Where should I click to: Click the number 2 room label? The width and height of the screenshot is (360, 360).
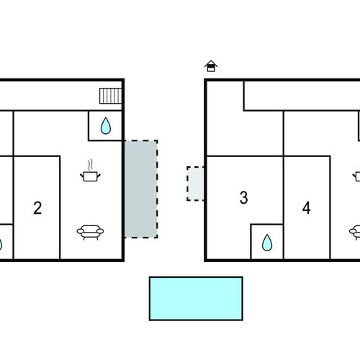(x=37, y=208)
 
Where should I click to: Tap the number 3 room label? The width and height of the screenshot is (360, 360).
(x=244, y=197)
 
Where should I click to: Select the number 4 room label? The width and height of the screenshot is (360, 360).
(x=307, y=208)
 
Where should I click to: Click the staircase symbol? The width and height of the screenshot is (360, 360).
(x=111, y=96)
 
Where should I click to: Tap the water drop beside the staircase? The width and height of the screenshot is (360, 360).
(x=106, y=125)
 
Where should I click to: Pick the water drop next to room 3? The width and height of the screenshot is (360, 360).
(x=267, y=243)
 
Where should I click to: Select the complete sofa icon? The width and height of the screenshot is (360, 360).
(x=90, y=232)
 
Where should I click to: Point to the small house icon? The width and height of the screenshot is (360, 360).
(x=211, y=66)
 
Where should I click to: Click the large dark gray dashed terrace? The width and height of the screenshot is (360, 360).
(x=141, y=189)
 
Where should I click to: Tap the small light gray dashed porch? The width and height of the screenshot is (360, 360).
(x=196, y=184)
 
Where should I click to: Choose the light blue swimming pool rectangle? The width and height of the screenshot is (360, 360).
(x=196, y=299)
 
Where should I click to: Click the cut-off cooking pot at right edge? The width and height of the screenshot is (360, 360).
(x=356, y=176)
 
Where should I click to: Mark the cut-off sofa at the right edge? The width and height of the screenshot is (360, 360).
(x=355, y=232)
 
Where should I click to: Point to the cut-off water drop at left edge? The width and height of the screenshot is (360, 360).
(x=1, y=244)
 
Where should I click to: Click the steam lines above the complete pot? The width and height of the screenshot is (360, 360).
(x=90, y=165)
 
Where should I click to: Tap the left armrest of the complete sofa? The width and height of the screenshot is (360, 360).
(x=81, y=231)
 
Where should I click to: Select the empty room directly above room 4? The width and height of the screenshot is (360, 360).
(x=320, y=133)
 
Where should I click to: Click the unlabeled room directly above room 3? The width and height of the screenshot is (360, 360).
(x=245, y=133)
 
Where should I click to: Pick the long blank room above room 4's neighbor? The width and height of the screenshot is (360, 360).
(x=302, y=96)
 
